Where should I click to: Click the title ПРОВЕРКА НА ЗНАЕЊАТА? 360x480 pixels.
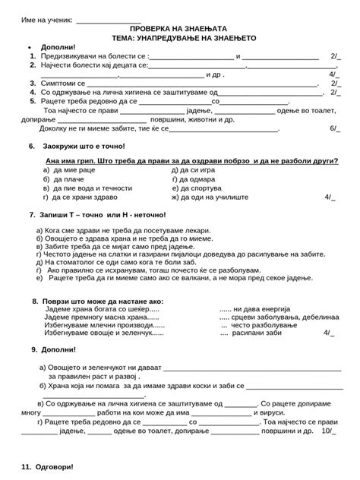(x=179, y=28)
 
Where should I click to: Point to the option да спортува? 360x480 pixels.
(x=196, y=188)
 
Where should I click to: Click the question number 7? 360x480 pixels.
(x=32, y=214)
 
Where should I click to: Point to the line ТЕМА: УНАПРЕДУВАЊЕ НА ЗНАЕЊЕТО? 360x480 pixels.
(x=179, y=37)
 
